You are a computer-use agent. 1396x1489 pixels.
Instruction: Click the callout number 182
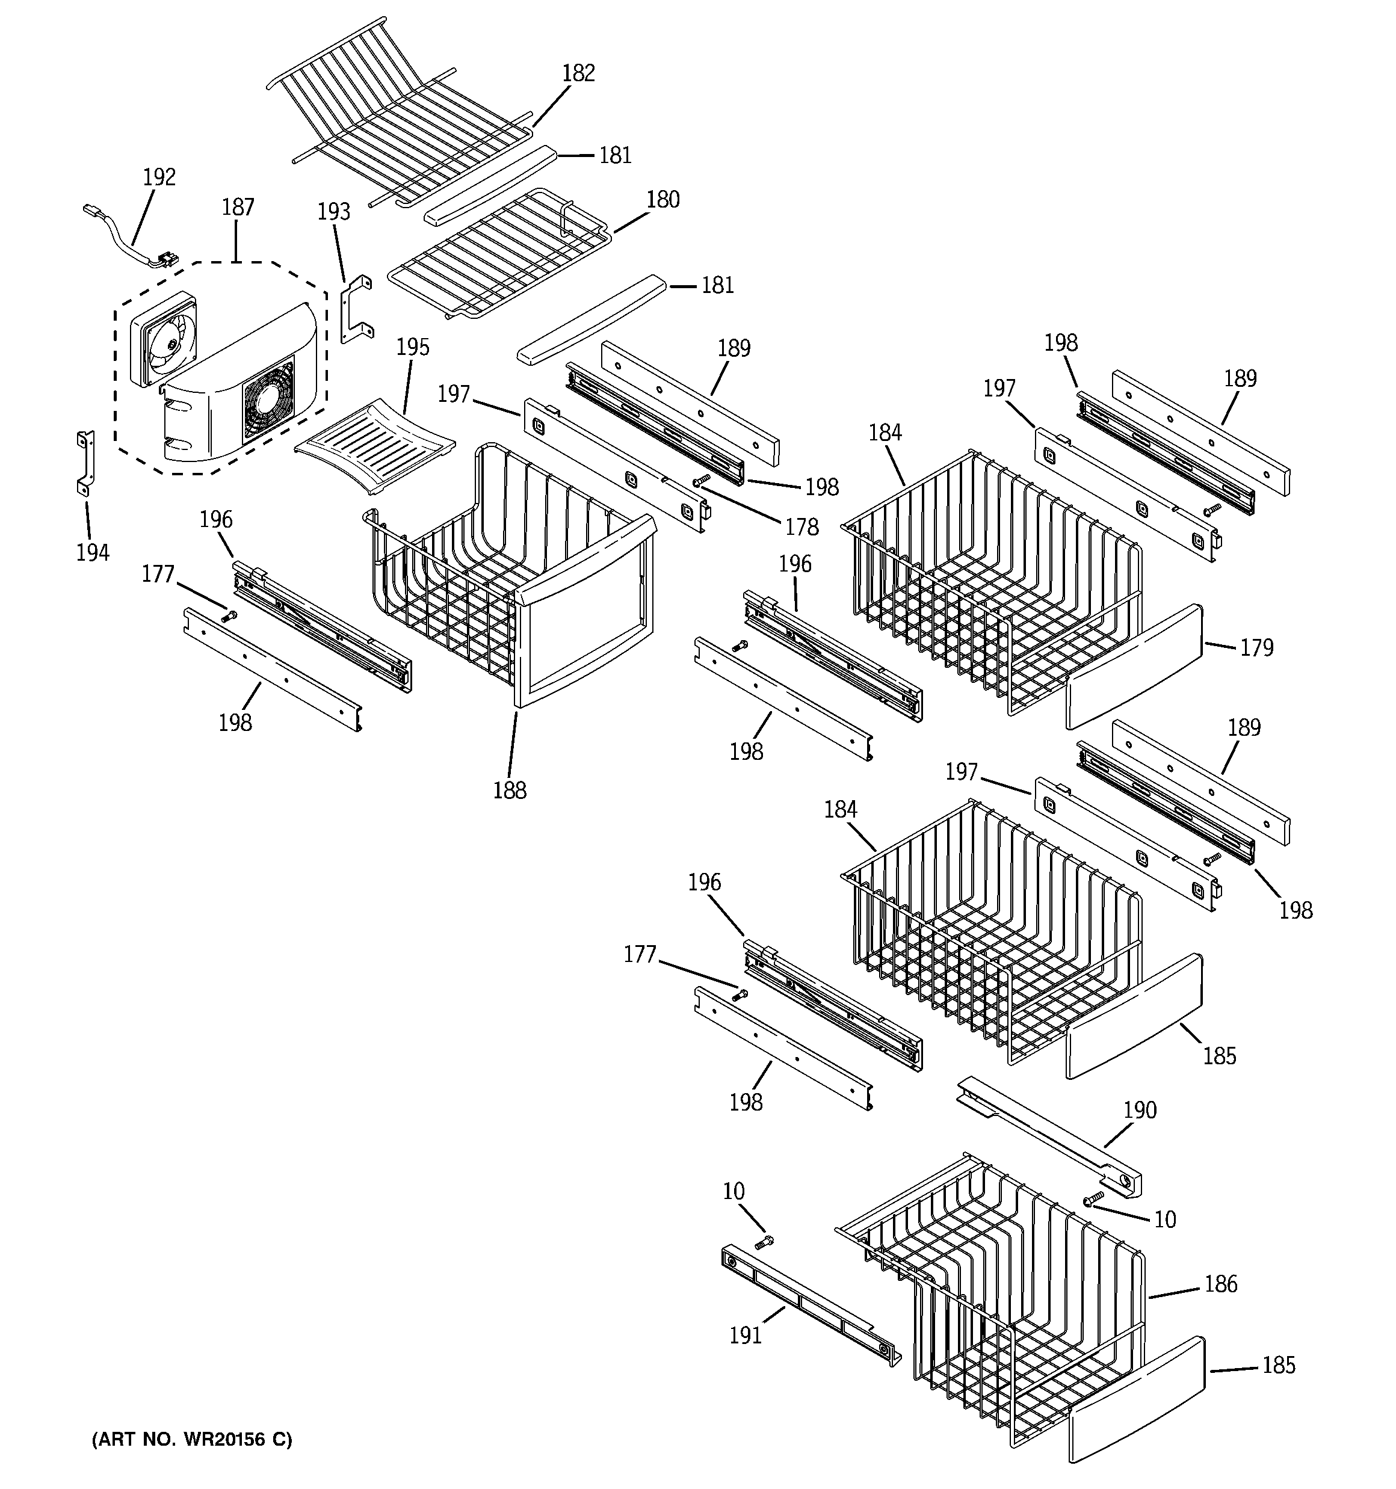click(578, 73)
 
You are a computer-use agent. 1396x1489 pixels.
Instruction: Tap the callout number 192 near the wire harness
click(159, 177)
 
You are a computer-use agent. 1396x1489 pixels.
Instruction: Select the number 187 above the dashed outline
click(238, 208)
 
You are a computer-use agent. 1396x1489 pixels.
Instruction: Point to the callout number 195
click(412, 348)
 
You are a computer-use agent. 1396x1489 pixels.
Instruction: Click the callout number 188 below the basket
click(510, 790)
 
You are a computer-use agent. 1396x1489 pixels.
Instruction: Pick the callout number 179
click(1256, 647)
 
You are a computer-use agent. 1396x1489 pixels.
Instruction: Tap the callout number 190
click(1139, 1110)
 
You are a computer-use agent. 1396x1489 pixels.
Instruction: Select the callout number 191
click(745, 1336)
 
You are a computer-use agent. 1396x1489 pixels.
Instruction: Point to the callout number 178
click(801, 527)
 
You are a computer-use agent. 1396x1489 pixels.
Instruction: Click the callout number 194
click(92, 553)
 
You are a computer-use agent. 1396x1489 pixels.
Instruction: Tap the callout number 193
click(333, 212)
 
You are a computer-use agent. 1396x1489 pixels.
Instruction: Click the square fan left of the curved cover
click(162, 339)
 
